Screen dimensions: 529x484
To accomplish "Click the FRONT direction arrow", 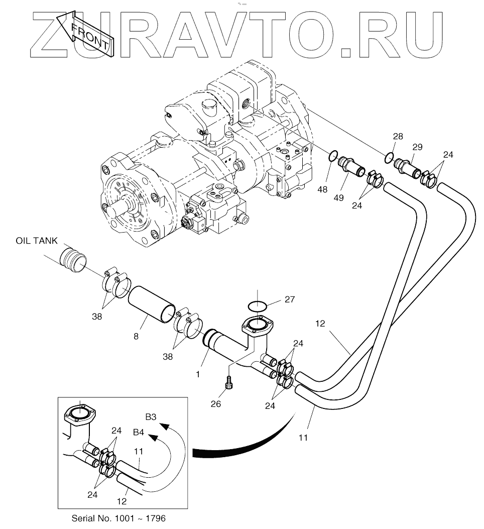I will [85, 35].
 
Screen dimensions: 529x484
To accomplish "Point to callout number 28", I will [398, 137].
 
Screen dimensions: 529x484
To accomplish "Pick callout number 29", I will [417, 147].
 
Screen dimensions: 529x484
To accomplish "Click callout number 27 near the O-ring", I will [290, 299].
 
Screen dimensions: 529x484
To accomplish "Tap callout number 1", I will [198, 374].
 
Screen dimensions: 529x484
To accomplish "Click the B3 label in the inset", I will [151, 416].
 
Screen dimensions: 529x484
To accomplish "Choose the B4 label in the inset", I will [139, 431].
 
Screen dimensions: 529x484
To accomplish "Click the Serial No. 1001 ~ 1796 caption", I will [118, 517].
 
